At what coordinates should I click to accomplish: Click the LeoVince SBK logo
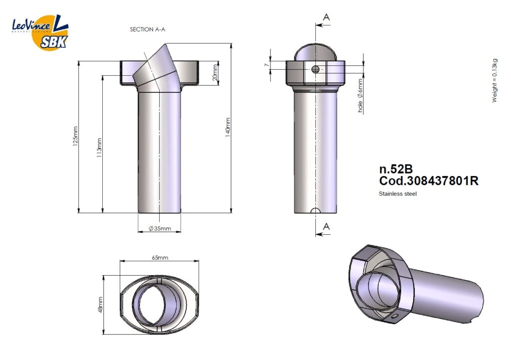(40, 31)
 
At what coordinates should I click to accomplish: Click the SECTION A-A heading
(147, 29)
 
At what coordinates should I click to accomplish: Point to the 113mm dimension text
(99, 148)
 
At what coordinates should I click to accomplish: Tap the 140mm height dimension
(228, 127)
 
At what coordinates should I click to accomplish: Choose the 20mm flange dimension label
(215, 73)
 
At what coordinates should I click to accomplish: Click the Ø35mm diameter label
(160, 228)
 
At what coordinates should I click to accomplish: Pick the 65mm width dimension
(160, 258)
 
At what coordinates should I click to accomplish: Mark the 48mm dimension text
(100, 305)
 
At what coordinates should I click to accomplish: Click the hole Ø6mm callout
(360, 96)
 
